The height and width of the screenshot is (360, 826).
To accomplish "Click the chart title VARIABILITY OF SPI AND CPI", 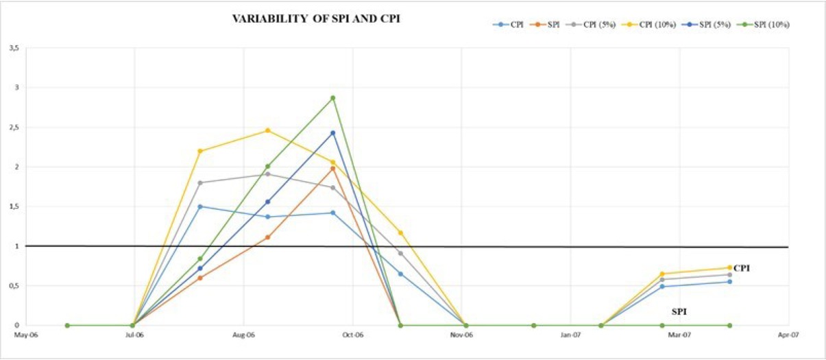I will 317,20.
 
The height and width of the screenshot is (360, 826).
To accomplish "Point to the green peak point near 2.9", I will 333,98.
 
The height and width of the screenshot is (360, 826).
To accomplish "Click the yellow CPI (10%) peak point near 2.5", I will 267,130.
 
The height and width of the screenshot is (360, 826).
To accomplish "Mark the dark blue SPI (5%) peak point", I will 333,133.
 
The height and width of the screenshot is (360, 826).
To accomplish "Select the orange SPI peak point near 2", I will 333,168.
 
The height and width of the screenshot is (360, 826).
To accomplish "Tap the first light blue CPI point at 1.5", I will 200,206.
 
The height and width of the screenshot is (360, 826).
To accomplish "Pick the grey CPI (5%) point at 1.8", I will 200,183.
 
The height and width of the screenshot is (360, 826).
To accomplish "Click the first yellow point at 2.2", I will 200,151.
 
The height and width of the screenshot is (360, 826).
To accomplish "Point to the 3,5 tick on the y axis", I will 14,48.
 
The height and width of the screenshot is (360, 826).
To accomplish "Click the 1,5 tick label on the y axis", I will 14,206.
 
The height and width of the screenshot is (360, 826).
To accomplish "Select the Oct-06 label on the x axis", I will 352,335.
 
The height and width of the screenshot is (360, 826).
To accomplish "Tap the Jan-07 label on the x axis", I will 571,335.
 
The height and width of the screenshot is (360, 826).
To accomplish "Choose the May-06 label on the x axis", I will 25,335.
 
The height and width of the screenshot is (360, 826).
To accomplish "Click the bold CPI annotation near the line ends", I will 742,268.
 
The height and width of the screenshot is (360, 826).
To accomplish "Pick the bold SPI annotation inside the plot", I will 679,311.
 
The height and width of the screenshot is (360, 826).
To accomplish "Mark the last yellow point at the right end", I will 729,267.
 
